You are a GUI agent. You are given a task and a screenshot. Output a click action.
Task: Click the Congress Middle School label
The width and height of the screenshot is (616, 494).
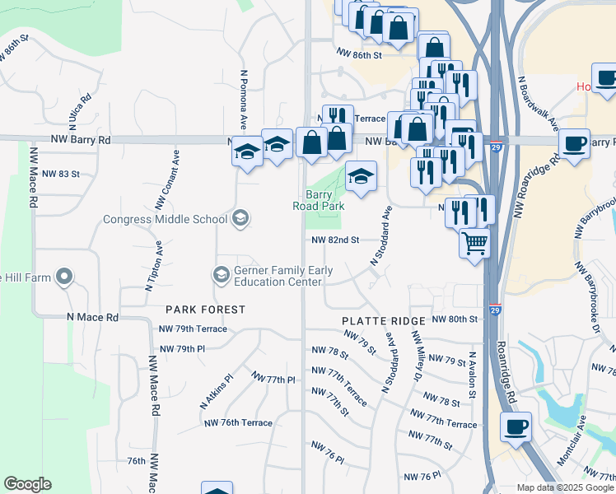[x=165, y=219]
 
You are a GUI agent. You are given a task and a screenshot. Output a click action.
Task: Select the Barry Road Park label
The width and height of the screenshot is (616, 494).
[x=317, y=201]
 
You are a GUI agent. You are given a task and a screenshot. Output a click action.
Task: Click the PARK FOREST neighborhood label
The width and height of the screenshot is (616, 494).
[x=205, y=310]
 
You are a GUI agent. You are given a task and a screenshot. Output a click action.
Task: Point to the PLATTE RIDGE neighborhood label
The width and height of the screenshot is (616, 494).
[x=384, y=320]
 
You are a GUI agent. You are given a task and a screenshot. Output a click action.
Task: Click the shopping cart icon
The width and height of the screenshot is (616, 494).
[x=474, y=244]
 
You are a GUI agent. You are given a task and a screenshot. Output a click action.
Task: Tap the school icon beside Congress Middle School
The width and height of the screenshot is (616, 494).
[x=240, y=218]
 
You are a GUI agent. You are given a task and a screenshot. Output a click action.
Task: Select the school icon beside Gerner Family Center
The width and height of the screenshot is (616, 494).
[x=221, y=274]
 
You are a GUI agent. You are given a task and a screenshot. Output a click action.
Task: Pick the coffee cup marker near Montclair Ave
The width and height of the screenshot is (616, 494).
[x=516, y=427]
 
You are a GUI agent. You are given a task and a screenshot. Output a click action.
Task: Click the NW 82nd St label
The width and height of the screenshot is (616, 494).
[x=335, y=240]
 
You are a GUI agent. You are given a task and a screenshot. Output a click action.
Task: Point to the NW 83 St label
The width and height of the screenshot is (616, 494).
[x=60, y=174]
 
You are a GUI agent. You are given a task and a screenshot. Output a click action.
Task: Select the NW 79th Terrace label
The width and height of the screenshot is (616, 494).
[x=192, y=329]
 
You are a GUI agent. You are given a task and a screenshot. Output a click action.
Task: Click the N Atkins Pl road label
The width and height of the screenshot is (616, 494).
[x=217, y=394]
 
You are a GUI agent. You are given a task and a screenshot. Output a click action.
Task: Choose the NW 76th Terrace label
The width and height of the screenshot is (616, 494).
[x=237, y=422]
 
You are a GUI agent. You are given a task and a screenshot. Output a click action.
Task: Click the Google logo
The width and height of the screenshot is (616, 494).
[x=27, y=484]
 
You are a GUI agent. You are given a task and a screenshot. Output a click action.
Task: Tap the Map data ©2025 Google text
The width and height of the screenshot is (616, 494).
[x=566, y=487]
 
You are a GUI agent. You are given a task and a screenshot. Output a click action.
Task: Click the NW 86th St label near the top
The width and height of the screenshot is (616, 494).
[x=360, y=55]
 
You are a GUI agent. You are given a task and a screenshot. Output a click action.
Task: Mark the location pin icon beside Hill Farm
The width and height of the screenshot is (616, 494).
[x=64, y=277]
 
